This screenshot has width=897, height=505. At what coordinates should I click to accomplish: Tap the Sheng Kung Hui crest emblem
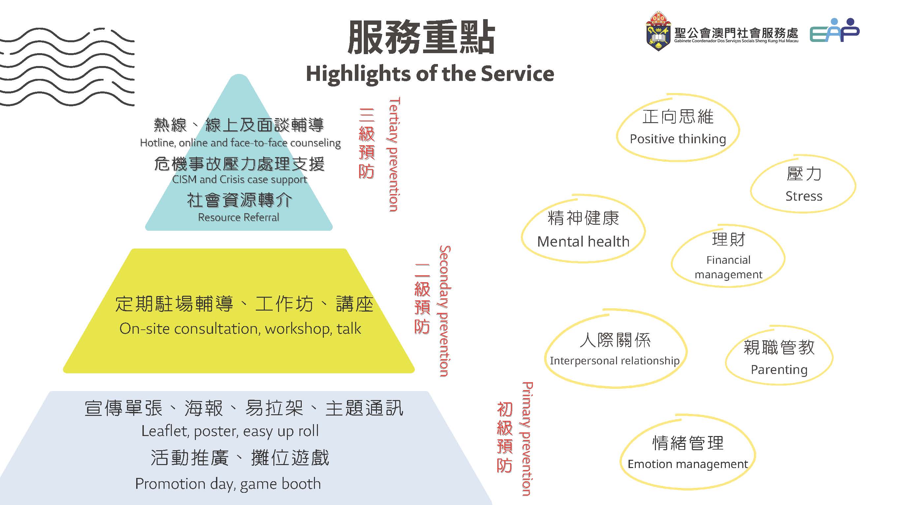pos(658,31)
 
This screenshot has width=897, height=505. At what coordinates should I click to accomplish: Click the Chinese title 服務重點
pos(421,37)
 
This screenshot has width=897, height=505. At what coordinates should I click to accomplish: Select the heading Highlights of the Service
pos(430,74)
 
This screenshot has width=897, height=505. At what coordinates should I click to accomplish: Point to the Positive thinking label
pos(678,139)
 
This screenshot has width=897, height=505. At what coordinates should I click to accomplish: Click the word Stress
pos(804,196)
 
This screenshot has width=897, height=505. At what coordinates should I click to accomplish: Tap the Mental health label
pos(583,242)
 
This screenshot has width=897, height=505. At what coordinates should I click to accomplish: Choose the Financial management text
pos(728,267)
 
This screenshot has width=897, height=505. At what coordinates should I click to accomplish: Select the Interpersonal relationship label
pos(615,361)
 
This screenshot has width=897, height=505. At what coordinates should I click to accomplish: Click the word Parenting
pos(779,370)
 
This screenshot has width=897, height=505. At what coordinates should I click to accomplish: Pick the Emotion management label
pos(688,464)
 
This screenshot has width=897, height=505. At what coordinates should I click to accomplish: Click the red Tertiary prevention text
pos(393,154)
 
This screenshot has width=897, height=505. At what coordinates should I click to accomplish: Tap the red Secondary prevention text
pos(444,311)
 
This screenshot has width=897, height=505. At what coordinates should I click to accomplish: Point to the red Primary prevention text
pos(527,439)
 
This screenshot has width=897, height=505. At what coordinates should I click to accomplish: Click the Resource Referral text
pos(238,218)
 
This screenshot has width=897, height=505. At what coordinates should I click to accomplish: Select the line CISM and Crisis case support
pos(239,180)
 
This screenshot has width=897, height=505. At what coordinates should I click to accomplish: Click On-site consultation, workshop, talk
pos(240,329)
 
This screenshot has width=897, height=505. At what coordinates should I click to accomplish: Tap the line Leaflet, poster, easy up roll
pos(230,431)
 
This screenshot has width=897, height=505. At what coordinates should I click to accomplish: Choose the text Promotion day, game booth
pos(228,484)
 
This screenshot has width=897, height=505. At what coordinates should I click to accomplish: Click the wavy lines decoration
pos(67,67)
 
